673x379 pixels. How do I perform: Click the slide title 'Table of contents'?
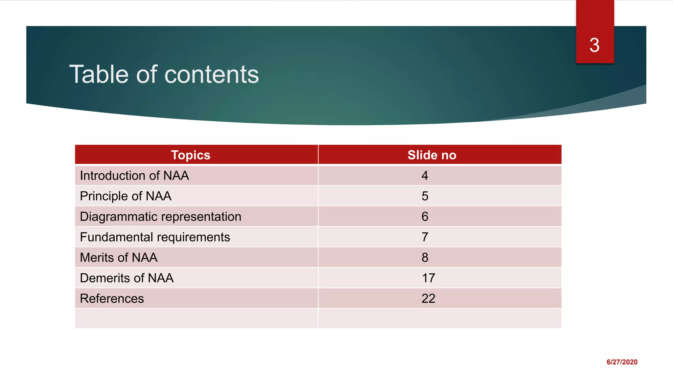point(164,74)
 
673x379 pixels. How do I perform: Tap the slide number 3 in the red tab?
point(594,45)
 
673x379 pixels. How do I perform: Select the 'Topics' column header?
point(191,155)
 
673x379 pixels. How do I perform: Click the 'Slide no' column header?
point(432,155)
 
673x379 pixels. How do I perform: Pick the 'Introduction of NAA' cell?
point(134,176)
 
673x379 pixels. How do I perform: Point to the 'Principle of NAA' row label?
point(126,196)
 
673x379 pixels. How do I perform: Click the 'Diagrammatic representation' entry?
point(160,216)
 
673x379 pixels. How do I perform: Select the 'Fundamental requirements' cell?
point(155,237)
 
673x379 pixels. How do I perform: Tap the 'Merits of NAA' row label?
point(119,258)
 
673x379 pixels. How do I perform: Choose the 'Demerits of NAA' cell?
point(127,278)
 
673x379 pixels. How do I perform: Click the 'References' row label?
point(112,298)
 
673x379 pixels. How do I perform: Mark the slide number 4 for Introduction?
point(425,176)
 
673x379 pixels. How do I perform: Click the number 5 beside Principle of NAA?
point(425,196)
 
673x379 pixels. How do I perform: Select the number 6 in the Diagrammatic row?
point(425,216)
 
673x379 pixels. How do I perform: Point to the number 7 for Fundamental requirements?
point(425,237)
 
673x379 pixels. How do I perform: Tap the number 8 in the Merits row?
point(425,258)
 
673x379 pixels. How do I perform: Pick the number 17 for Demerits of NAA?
point(429,278)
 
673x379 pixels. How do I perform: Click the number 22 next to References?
point(429,298)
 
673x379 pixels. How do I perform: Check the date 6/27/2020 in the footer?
point(622,362)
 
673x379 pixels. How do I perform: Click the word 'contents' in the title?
point(211,74)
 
